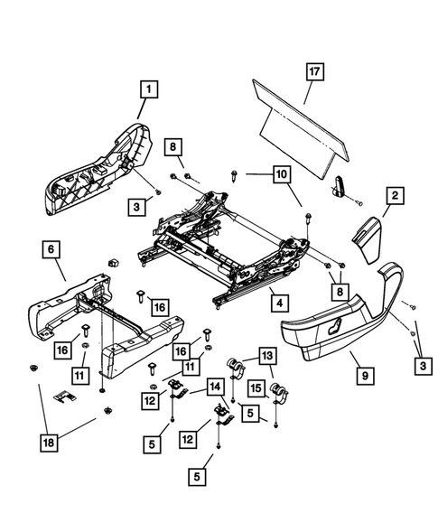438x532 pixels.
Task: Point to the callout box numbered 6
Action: coord(51,247)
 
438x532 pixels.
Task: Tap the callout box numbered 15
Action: coord(256,389)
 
